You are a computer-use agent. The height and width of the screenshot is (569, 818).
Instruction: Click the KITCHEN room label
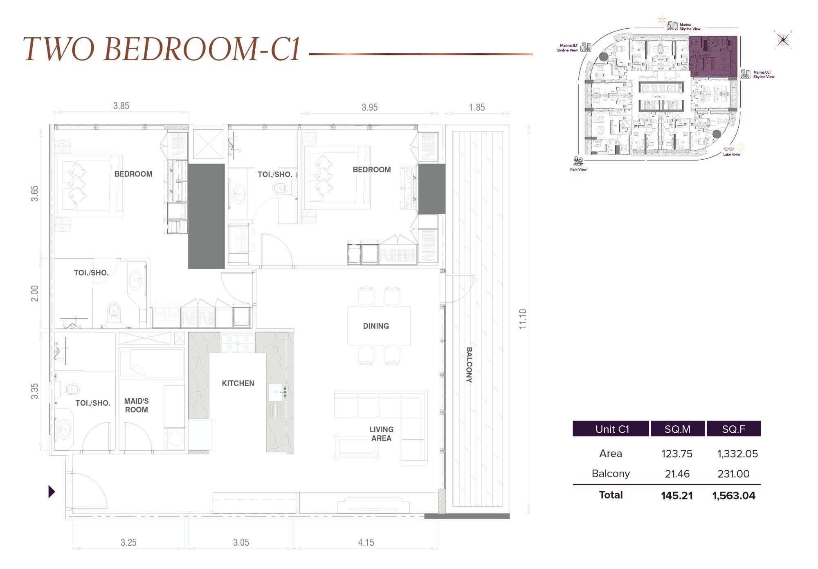click(x=238, y=384)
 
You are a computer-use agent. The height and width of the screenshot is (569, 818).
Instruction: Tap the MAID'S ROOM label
click(x=136, y=406)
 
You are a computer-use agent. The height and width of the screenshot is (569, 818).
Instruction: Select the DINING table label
click(x=376, y=326)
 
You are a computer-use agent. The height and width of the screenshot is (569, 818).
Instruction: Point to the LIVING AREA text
click(x=381, y=434)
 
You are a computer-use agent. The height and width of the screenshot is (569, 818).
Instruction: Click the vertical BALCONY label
click(x=469, y=365)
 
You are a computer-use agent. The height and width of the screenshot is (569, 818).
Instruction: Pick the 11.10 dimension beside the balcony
click(x=522, y=319)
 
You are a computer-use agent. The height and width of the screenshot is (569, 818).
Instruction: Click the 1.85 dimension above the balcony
click(x=477, y=108)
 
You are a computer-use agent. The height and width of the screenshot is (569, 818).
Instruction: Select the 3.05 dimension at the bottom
click(x=241, y=543)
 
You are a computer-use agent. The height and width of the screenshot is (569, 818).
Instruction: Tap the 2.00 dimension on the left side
click(x=35, y=294)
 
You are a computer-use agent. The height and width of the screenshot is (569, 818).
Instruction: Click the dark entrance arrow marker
click(x=52, y=491)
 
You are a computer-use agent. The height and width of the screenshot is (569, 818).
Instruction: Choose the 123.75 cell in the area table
click(x=677, y=454)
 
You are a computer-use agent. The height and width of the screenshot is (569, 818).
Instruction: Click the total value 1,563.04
click(x=734, y=496)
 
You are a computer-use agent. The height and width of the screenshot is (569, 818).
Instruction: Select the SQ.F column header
click(x=733, y=429)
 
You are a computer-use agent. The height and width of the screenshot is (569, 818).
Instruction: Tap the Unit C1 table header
click(x=611, y=429)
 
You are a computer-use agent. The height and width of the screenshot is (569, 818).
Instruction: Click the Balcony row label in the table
click(x=610, y=474)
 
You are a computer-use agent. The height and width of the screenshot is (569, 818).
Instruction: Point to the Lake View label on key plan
click(x=731, y=155)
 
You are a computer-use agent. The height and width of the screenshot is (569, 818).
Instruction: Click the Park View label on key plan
click(x=578, y=169)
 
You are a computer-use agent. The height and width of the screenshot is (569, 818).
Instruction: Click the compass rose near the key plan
click(x=783, y=40)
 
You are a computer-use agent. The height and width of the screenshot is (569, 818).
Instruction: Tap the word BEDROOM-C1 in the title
click(x=202, y=49)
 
